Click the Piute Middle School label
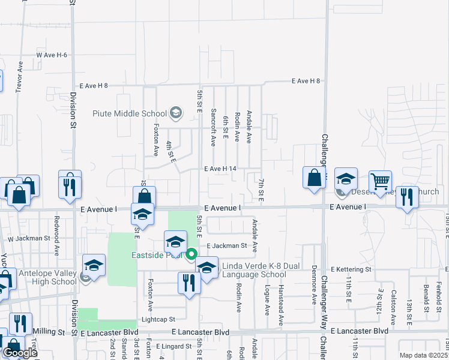129,113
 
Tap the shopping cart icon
379,181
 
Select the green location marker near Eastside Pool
191,254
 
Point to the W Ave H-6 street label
52,55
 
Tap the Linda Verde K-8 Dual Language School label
254,270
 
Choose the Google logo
20,353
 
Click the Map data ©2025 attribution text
423,355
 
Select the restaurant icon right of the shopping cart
408,197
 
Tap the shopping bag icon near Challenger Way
314,178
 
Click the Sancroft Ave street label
214,127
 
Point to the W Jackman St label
28,238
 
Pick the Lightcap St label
158,320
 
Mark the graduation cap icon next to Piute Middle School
175,112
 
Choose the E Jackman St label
227,245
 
